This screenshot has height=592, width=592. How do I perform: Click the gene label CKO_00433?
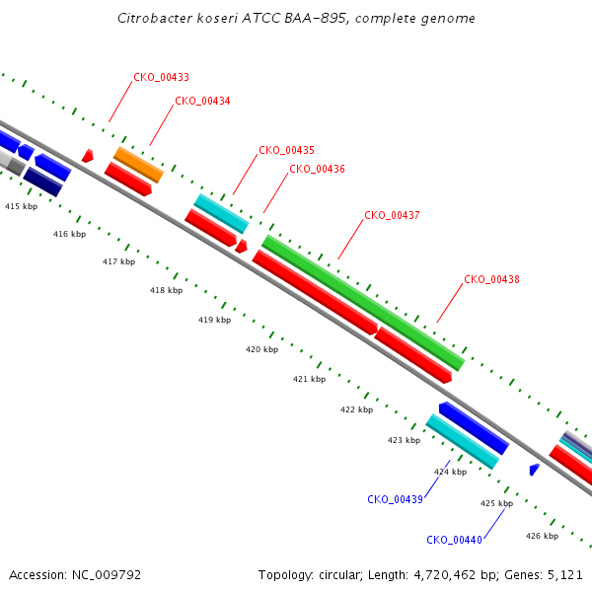161,77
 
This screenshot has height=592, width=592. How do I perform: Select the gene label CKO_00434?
202,102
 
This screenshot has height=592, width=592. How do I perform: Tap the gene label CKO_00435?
286,150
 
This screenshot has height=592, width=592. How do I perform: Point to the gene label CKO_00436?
317,169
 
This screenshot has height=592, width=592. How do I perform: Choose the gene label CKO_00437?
392,215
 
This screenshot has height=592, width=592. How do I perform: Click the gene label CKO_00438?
491,280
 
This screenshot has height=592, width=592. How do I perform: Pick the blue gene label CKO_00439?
395,500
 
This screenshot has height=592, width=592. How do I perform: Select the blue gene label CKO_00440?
454,541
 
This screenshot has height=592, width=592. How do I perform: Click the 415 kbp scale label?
21,206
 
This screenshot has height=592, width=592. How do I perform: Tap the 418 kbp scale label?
166,290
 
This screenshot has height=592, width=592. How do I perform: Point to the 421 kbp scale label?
309,379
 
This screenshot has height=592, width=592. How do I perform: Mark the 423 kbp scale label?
404,440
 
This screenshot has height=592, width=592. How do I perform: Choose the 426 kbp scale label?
542,536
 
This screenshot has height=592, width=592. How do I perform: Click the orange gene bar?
138,165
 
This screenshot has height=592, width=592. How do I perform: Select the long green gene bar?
363,303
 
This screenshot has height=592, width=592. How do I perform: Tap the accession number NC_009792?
107,575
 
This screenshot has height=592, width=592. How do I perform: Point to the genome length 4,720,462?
445,575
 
